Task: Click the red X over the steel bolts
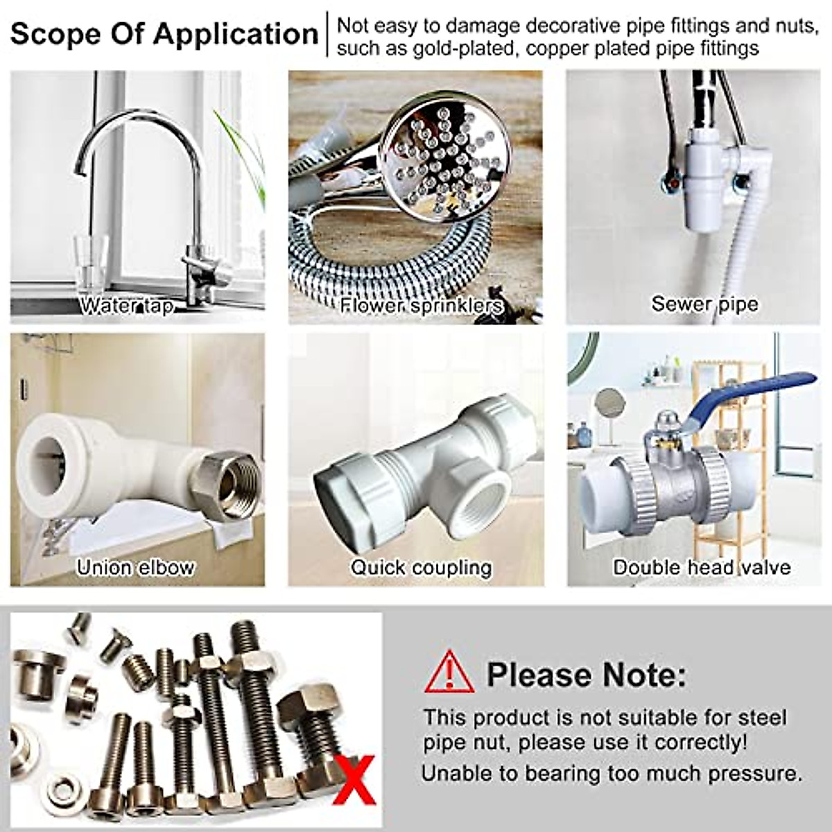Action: pos(354,780)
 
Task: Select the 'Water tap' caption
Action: pos(126,305)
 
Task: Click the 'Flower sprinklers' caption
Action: pos(421,305)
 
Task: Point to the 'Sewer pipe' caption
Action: pos(704,304)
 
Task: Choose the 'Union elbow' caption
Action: pos(135,567)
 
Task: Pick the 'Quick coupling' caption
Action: pos(421,567)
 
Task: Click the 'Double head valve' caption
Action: pos(702,567)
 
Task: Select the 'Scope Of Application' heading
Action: pos(164,33)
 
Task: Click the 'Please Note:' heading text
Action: pos(586,674)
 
